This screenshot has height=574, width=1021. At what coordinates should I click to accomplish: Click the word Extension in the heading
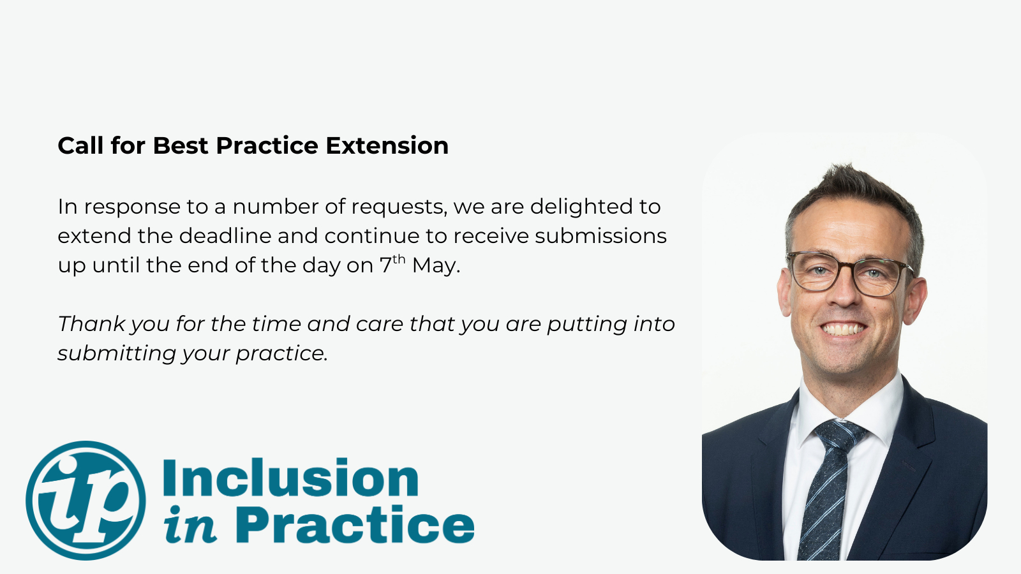(387, 146)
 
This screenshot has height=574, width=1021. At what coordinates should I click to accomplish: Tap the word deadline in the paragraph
(225, 236)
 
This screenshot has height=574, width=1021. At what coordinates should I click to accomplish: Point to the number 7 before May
(385, 265)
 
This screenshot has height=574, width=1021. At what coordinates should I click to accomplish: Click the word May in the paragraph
(436, 266)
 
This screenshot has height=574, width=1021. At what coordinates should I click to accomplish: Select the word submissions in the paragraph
(600, 236)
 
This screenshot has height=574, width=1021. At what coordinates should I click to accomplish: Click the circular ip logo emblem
(86, 500)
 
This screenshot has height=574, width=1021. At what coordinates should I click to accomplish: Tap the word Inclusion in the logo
(290, 478)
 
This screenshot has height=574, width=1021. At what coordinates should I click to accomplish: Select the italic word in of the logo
(190, 524)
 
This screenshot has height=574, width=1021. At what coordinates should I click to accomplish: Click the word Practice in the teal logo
(355, 524)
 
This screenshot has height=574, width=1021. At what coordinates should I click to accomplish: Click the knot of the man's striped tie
(840, 434)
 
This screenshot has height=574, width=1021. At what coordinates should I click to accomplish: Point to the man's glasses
(851, 274)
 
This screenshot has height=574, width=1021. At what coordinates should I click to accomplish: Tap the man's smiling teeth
(843, 329)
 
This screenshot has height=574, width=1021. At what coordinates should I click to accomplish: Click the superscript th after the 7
(399, 259)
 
